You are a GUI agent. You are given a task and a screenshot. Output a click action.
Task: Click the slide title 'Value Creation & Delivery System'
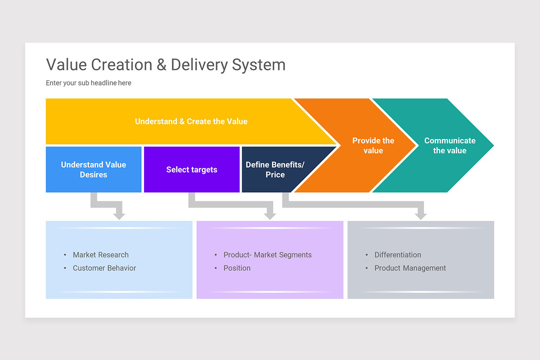point(166,65)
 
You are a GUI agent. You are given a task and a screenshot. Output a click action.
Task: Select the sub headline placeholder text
point(89,83)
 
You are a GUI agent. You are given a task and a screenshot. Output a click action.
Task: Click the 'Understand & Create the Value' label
point(191,121)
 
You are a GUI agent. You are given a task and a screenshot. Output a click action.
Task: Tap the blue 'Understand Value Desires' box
point(94,170)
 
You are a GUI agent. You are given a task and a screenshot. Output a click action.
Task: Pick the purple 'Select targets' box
point(192,170)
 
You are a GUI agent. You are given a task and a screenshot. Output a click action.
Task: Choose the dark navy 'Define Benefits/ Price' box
point(275,170)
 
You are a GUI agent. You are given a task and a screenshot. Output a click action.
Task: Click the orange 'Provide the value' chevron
point(373,146)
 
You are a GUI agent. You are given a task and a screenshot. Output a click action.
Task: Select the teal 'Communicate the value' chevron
point(450,146)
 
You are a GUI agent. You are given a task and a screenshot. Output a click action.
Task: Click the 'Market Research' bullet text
point(101,255)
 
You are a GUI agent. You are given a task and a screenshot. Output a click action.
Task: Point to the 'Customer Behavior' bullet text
point(104,268)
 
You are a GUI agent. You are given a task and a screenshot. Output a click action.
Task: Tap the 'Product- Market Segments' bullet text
point(267,255)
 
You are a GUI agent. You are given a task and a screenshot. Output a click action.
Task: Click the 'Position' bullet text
point(237,268)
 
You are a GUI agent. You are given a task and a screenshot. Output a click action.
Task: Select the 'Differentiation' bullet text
point(398,255)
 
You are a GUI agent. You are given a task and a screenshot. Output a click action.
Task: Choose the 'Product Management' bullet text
point(410,268)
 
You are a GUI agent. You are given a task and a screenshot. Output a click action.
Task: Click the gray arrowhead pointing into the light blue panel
point(119,215)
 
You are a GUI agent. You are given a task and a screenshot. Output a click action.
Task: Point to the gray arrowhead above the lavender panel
point(270,215)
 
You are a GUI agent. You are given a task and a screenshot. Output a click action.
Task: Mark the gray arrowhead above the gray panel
point(421,215)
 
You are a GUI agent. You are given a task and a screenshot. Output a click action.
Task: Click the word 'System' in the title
point(259,65)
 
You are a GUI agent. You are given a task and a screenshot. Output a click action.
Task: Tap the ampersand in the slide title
point(162,65)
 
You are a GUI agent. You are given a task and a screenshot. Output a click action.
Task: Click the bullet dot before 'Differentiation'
point(367,255)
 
